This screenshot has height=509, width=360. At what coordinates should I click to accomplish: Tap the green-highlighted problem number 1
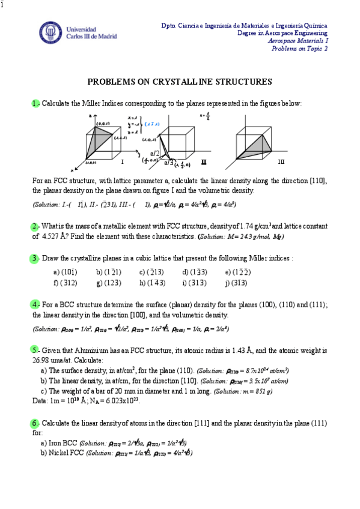click(35, 103)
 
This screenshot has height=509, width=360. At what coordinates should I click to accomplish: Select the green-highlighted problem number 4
click(35, 304)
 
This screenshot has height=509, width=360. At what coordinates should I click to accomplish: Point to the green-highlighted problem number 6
click(35, 423)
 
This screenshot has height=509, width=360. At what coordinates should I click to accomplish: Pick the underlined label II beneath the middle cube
click(204, 162)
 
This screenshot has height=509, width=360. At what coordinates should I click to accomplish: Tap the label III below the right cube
click(281, 162)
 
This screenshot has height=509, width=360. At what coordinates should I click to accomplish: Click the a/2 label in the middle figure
click(154, 154)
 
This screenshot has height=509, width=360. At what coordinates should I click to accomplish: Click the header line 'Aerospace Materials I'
click(298, 41)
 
